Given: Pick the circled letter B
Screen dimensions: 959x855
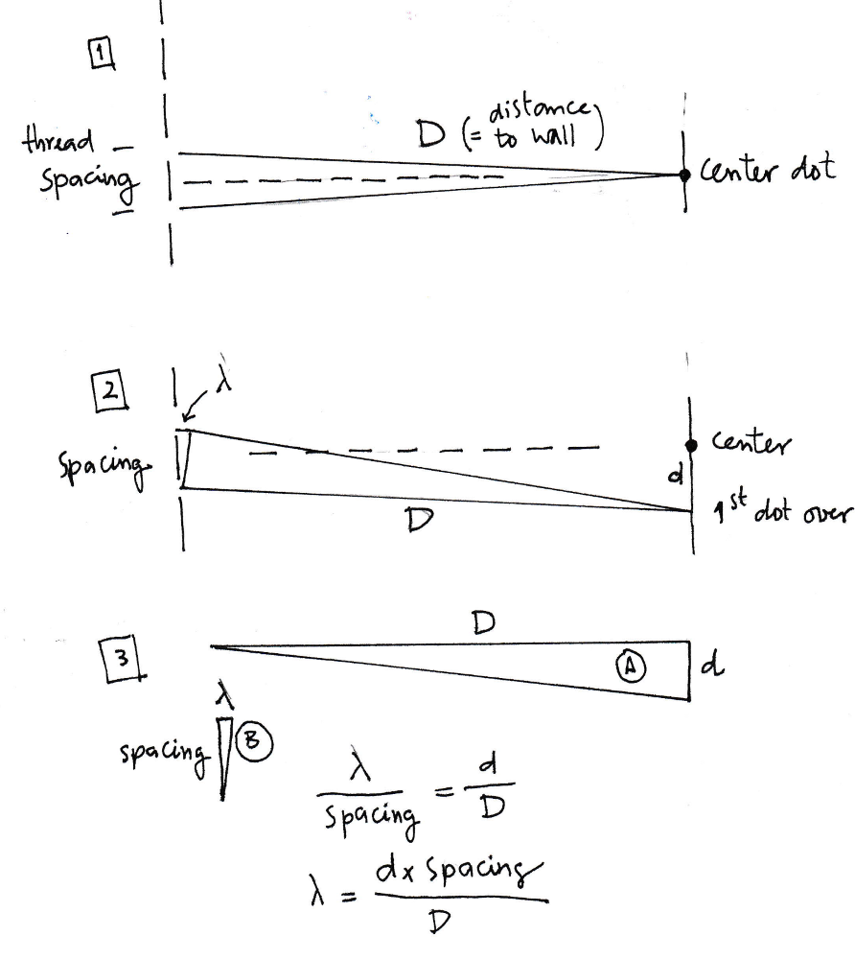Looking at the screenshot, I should tap(259, 740).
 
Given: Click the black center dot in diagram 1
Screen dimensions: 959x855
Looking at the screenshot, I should tap(684, 175).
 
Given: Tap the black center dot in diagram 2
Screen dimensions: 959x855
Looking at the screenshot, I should tap(690, 445).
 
